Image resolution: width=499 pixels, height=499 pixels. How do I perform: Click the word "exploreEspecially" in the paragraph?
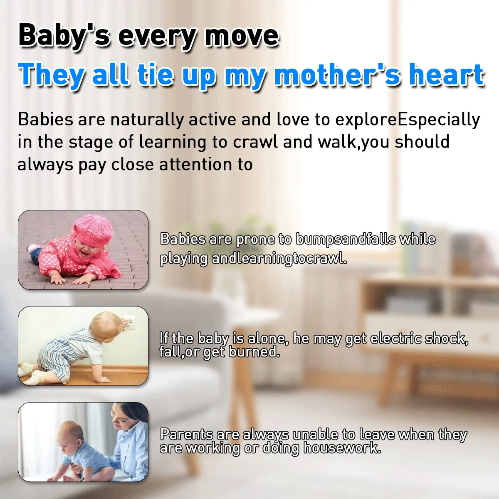[408, 120]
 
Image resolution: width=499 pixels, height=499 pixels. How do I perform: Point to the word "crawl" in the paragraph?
[255, 142]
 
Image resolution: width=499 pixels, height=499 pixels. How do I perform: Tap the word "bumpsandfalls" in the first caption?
[346, 239]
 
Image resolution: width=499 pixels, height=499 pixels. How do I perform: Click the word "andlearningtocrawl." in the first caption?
[279, 259]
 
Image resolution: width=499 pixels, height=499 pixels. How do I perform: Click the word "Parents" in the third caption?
[186, 435]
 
